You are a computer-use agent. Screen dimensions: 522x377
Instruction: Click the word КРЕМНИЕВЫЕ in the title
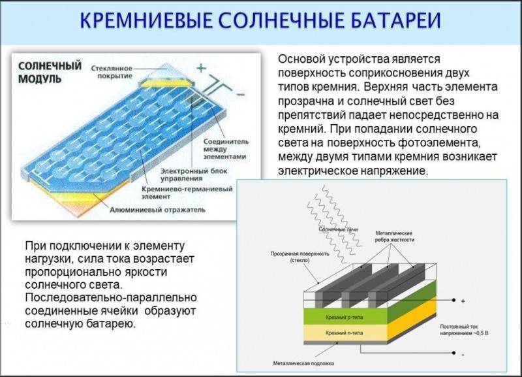[146, 21]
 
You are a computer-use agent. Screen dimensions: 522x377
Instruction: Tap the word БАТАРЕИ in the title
[396, 21]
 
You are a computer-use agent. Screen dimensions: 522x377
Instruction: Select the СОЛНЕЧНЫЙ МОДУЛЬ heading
[50, 72]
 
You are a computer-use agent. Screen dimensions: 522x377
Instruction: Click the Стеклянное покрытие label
[112, 72]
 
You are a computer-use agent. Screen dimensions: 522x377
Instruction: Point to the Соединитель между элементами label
[226, 149]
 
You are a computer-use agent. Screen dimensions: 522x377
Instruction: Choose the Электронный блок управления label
[194, 174]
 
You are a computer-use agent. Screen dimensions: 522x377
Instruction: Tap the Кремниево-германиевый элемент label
[187, 193]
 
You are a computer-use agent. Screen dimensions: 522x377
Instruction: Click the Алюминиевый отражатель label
[157, 210]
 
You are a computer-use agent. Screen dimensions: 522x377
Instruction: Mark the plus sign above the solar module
[201, 68]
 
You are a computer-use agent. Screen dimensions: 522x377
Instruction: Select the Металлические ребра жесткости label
[395, 237]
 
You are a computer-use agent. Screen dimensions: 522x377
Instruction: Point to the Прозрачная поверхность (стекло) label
[299, 257]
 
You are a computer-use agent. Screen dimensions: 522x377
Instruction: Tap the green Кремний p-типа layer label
[345, 318]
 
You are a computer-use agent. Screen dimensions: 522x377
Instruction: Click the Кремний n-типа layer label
[345, 333]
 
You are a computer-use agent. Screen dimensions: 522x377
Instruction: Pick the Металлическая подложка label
[303, 363]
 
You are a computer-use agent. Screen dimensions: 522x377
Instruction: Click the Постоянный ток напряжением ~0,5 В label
[464, 330]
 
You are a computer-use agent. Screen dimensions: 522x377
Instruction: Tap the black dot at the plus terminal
[453, 301]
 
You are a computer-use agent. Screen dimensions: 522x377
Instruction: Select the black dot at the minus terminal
[453, 353]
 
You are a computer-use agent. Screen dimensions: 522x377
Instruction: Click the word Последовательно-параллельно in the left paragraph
[111, 298]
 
